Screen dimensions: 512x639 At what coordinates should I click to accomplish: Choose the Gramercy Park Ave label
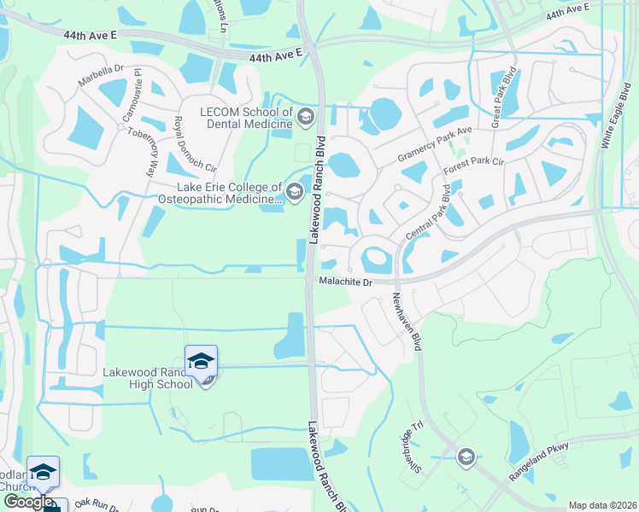click(435, 147)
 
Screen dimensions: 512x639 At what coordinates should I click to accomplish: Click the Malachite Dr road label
click(345, 281)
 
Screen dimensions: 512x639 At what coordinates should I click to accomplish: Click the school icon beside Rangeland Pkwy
click(465, 457)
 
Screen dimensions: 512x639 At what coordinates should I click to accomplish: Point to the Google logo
click(28, 502)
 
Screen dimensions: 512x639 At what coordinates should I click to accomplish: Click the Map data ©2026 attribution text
click(601, 505)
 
